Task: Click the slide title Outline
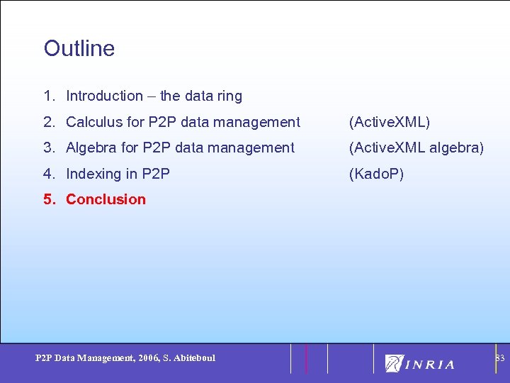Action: [79, 48]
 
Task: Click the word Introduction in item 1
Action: [104, 96]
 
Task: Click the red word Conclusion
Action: [106, 199]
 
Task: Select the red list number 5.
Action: [48, 199]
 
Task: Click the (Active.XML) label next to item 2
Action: [389, 122]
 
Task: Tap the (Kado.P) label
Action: [376, 174]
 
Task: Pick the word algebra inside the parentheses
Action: [457, 148]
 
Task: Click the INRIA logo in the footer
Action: [420, 363]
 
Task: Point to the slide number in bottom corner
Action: [499, 358]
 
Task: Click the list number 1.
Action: [48, 96]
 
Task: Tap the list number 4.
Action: [48, 174]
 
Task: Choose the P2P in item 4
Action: [156, 174]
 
